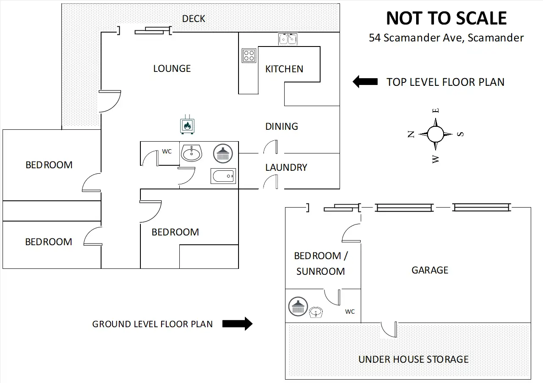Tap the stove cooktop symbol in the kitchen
pos(249,55)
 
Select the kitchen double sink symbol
pos(288,39)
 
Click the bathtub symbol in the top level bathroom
pos(223,175)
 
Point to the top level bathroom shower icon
pos(222,153)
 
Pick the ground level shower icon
pos(298,306)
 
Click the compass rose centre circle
pos(435,134)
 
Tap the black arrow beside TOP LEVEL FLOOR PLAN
pos(365,82)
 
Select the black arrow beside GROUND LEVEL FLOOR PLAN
pos(237,324)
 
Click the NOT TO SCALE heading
pos(446,18)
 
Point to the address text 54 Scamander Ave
pos(446,38)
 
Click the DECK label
pos(193,19)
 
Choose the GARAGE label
pos(430,270)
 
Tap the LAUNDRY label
pos(286,167)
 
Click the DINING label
pos(282,126)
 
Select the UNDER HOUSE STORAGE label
pos(413,360)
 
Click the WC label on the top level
pos(167,151)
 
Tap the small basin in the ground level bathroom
pos(316,313)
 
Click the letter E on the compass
pos(436,111)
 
